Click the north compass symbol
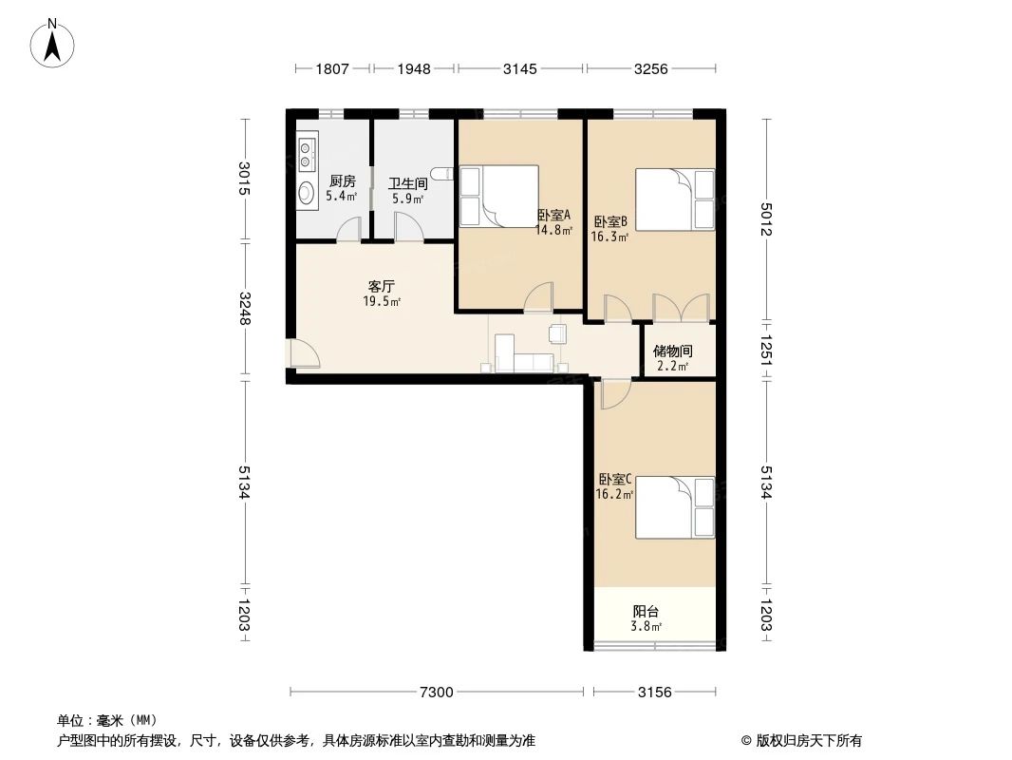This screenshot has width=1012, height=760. point(53,42)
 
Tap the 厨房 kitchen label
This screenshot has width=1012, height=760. point(342,181)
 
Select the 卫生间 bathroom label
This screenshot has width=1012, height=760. point(408,184)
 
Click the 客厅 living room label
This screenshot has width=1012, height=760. point(381,285)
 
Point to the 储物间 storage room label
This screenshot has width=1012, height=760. point(672,351)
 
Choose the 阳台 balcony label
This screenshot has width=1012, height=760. point(647,612)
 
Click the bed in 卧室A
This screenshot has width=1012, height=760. point(499,197)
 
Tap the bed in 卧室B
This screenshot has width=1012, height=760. point(675,199)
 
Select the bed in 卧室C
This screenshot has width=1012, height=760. point(675,508)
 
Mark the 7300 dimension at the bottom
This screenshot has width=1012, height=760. point(437,692)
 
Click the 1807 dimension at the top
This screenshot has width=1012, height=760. point(332,68)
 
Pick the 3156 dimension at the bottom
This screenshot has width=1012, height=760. point(654,692)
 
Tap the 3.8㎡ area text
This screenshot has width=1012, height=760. point(647,626)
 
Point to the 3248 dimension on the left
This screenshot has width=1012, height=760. point(245,308)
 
